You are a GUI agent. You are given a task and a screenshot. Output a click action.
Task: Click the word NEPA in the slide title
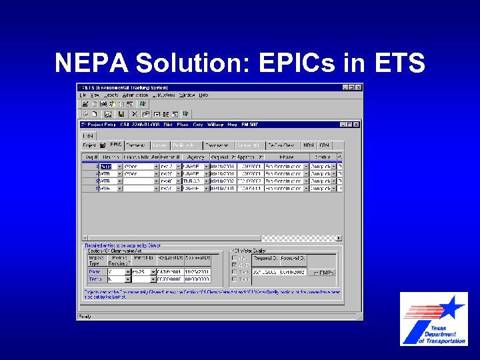click(x=91, y=63)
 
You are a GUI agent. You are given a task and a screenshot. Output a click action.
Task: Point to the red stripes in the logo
click(x=421, y=311)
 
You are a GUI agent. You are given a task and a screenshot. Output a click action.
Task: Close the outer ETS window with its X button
click(x=359, y=87)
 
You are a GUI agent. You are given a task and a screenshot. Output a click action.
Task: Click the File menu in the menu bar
click(x=83, y=95)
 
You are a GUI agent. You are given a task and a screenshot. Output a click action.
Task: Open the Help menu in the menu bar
click(x=203, y=95)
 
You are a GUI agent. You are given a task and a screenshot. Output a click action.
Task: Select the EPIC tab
click(x=115, y=145)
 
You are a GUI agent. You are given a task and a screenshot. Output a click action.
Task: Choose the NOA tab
click(x=309, y=145)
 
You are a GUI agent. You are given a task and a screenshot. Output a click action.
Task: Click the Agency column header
click(x=195, y=157)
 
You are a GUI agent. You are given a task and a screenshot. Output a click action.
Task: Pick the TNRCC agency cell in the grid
click(x=191, y=181)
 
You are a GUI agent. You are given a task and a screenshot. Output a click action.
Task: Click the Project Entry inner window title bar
click(x=200, y=124)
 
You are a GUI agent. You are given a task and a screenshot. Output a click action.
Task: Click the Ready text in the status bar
click(x=85, y=316)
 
